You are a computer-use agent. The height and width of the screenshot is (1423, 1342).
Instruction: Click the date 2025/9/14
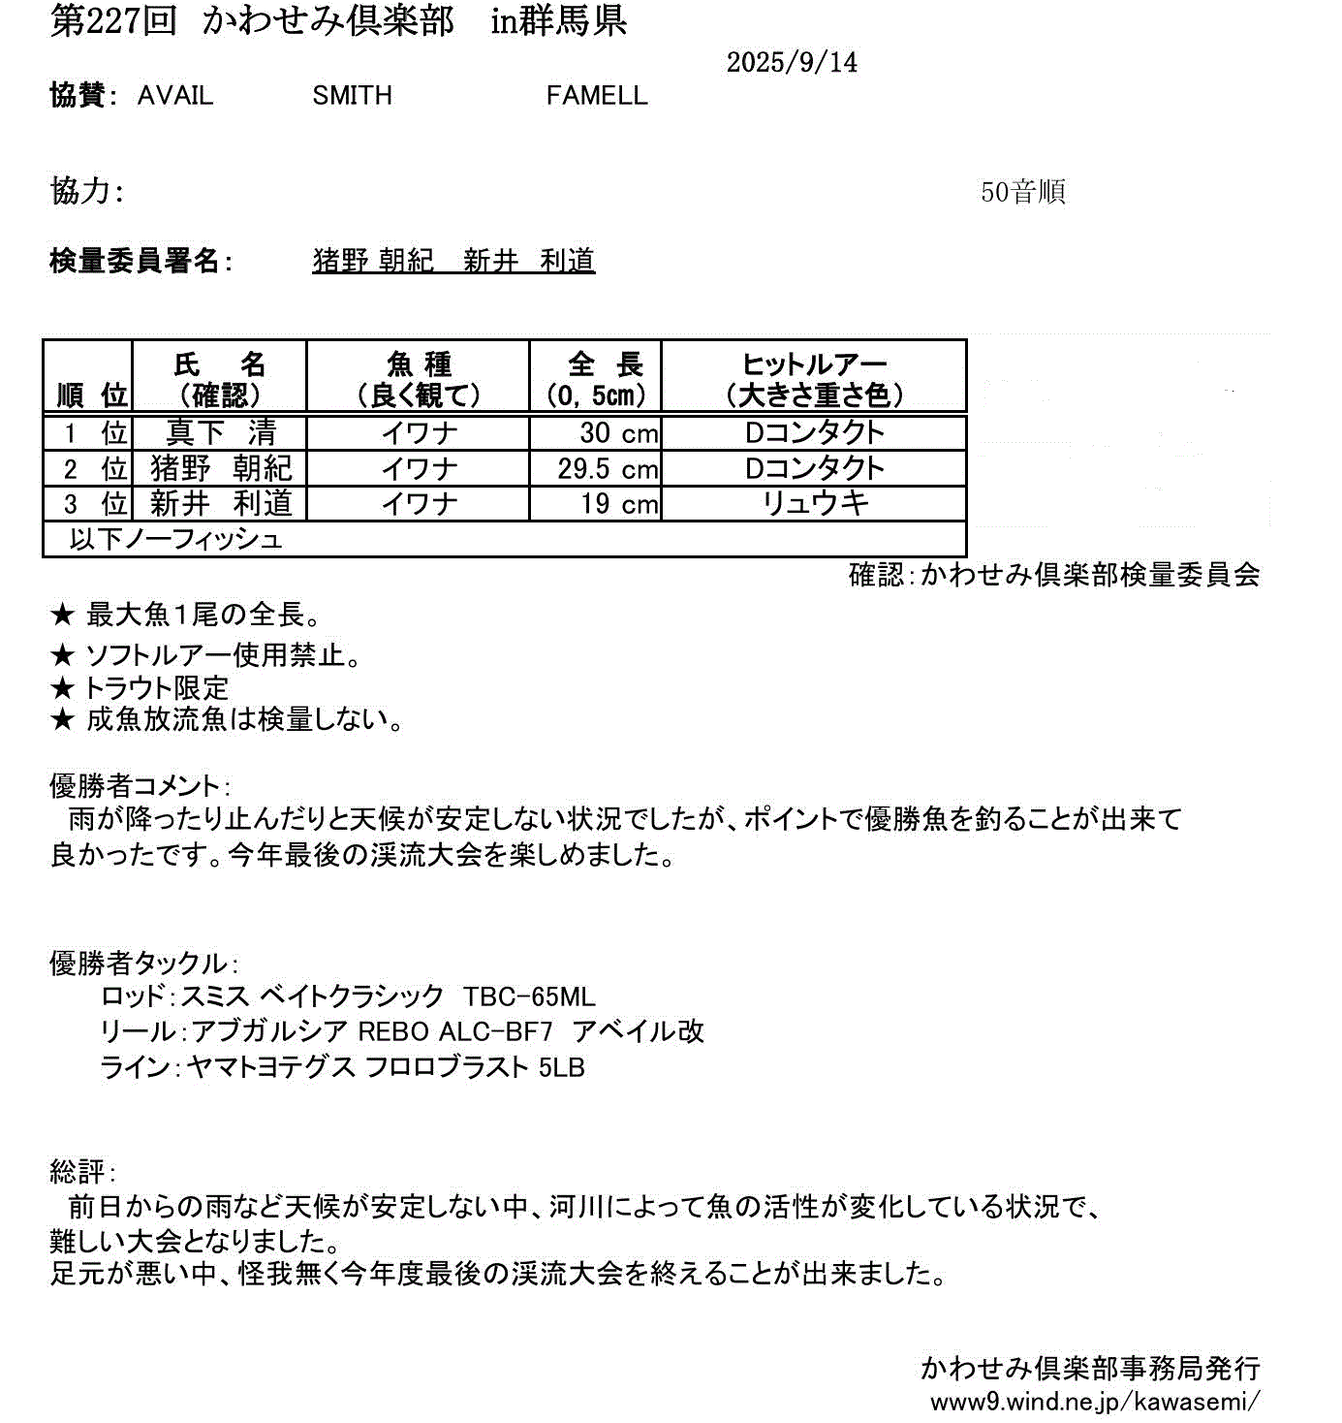[792, 63]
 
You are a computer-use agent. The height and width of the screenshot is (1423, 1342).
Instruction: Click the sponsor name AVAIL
[175, 96]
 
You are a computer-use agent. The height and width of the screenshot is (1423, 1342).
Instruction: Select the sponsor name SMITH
[352, 96]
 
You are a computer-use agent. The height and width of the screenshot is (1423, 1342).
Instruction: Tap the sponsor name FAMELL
[597, 96]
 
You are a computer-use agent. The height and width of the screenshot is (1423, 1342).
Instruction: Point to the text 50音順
[1022, 192]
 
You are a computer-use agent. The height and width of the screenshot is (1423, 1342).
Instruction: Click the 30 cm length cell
[618, 432]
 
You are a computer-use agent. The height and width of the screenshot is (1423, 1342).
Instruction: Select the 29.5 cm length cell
[608, 469]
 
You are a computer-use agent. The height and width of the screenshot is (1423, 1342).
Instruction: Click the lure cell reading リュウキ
[815, 503]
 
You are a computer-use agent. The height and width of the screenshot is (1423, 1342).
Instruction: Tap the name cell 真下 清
[221, 432]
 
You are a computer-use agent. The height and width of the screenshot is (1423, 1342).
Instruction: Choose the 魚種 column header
[419, 379]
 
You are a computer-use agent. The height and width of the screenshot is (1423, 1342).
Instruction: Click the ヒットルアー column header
[814, 379]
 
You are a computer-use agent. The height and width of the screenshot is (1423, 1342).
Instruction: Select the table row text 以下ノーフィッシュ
[175, 539]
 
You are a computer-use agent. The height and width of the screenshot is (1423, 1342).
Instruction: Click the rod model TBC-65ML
[529, 997]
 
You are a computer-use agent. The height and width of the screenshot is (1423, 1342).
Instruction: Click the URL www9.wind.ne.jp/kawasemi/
[1095, 1402]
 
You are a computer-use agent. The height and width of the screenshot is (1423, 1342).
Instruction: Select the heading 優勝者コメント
[137, 786]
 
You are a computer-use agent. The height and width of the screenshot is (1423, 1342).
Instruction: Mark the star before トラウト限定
[62, 688]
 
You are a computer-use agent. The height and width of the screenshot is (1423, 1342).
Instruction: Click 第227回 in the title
[113, 21]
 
